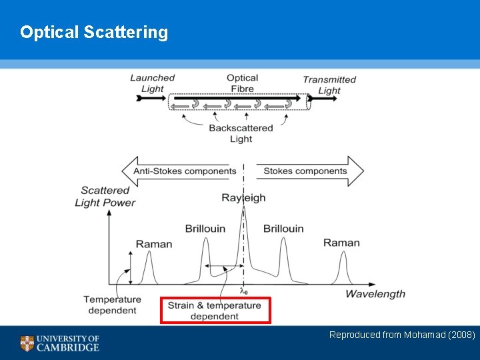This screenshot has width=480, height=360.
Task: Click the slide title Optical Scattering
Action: click(94, 32)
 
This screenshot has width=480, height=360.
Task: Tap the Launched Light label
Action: click(152, 83)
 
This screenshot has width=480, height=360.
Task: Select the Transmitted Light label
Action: click(329, 85)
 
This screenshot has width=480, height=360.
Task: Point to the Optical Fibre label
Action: click(242, 83)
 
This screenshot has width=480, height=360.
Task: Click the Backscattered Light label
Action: click(241, 133)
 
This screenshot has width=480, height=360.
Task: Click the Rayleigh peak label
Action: click(243, 198)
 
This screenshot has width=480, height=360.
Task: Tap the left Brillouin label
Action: click(205, 229)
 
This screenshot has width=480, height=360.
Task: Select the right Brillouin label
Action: click(283, 229)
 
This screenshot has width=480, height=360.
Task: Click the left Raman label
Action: click(154, 244)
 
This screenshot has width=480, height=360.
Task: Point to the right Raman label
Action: click(341, 243)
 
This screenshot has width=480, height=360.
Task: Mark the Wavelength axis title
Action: click(375, 294)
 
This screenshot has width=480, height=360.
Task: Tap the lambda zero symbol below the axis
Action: click(243, 291)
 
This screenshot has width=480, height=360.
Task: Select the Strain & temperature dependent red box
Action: click(215, 311)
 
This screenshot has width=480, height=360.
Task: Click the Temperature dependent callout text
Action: click(112, 305)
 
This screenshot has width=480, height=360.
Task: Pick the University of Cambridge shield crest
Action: click(27, 343)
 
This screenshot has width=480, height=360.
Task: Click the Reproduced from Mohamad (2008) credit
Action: click(402, 335)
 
